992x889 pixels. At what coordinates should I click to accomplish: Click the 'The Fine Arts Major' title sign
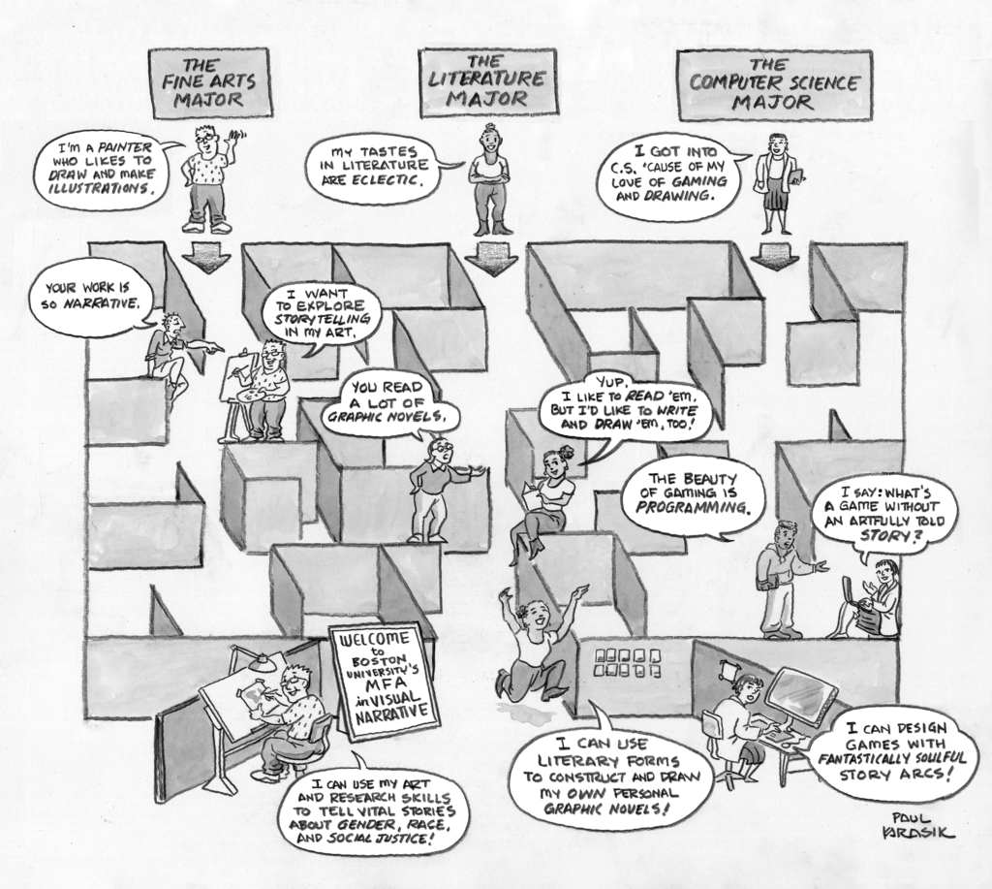(209, 82)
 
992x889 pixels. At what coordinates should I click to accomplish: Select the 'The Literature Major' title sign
(487, 82)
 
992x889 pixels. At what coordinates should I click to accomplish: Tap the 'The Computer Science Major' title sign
(774, 85)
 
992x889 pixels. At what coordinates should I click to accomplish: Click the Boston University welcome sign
(383, 680)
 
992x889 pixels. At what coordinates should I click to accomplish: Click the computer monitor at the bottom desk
(800, 695)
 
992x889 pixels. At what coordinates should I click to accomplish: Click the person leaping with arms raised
(536, 640)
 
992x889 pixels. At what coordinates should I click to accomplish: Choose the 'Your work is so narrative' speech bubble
(93, 298)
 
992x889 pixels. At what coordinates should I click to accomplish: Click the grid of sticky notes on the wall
(631, 661)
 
